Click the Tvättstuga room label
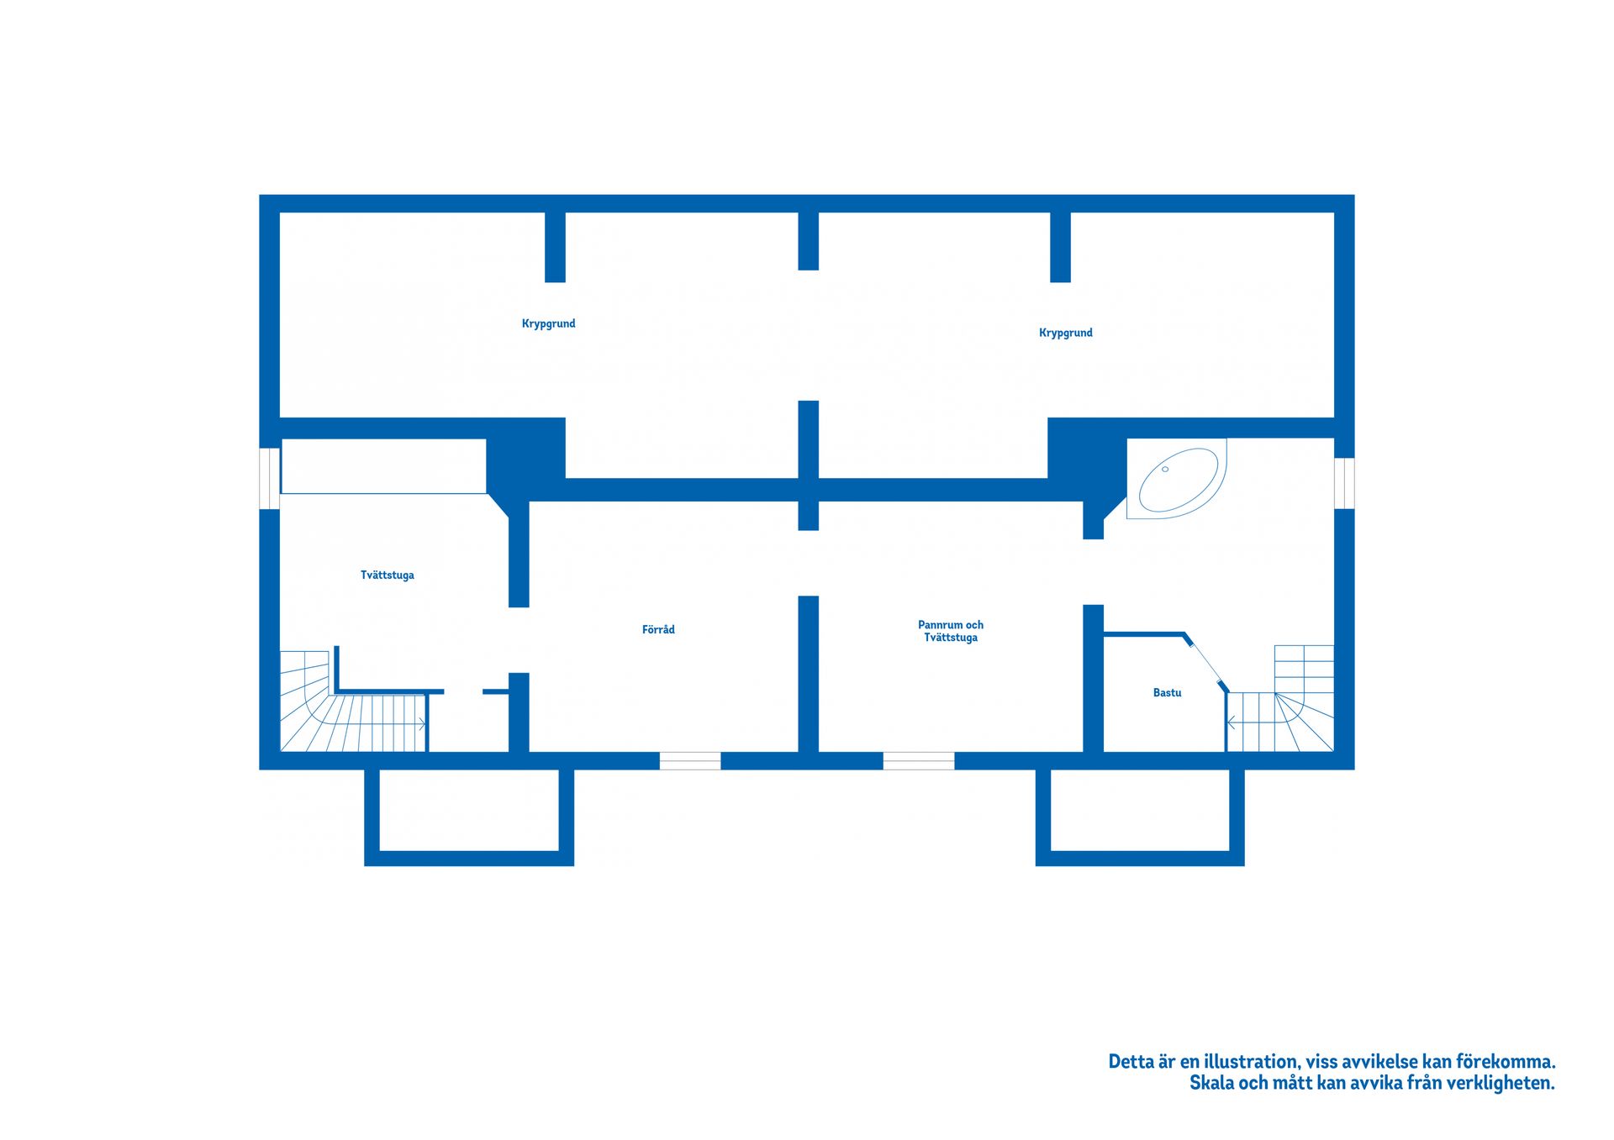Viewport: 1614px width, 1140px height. click(387, 575)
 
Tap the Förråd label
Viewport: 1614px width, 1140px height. click(658, 629)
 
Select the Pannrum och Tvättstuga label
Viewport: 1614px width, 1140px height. click(950, 631)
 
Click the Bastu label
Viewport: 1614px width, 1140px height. click(1167, 693)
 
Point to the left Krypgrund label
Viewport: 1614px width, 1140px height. click(548, 323)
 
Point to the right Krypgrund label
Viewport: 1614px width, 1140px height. click(1065, 333)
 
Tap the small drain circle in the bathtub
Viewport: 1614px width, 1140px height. click(1165, 469)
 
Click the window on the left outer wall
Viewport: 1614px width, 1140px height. click(269, 478)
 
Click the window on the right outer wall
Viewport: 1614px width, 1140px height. click(1344, 483)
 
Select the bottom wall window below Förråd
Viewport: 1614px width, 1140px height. click(689, 761)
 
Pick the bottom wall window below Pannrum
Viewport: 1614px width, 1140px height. click(918, 761)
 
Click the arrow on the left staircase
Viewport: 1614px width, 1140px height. click(419, 722)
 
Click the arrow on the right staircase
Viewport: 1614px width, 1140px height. click(1232, 722)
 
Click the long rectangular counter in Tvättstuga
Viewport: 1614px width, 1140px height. click(383, 466)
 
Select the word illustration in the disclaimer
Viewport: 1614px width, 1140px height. click(1251, 1062)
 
